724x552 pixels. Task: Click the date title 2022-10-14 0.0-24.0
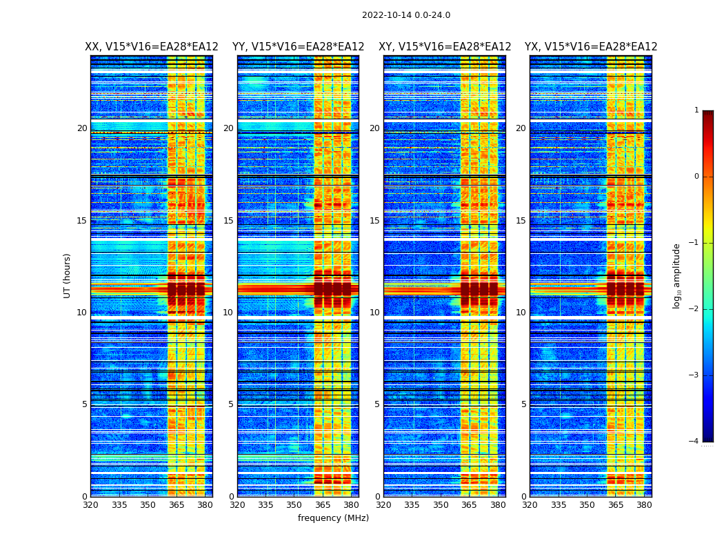[x=406, y=15]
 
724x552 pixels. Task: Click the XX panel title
[x=152, y=47]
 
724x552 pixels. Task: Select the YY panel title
[x=298, y=47]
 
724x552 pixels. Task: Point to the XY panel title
[x=445, y=47]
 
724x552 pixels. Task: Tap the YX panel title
[x=591, y=47]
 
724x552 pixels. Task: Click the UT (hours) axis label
[x=68, y=275]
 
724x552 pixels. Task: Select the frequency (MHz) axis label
[x=333, y=518]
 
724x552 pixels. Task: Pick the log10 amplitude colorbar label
[x=677, y=275]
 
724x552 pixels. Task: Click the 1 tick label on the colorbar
[x=696, y=110]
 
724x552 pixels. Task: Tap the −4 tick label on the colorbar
[x=694, y=442]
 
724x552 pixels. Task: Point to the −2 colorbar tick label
[x=694, y=309]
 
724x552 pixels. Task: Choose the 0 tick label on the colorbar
[x=696, y=177]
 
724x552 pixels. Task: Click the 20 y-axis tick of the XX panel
[x=82, y=128]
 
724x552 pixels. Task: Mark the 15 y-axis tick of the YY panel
[x=228, y=221]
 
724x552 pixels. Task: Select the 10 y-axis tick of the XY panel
[x=374, y=313]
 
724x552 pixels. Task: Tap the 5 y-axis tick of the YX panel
[x=523, y=404]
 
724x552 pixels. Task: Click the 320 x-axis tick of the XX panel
[x=90, y=505]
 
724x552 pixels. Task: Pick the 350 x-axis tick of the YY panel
[x=294, y=505]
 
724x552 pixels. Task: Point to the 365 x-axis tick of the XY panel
[x=469, y=505]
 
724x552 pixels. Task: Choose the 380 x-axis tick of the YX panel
[x=644, y=505]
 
